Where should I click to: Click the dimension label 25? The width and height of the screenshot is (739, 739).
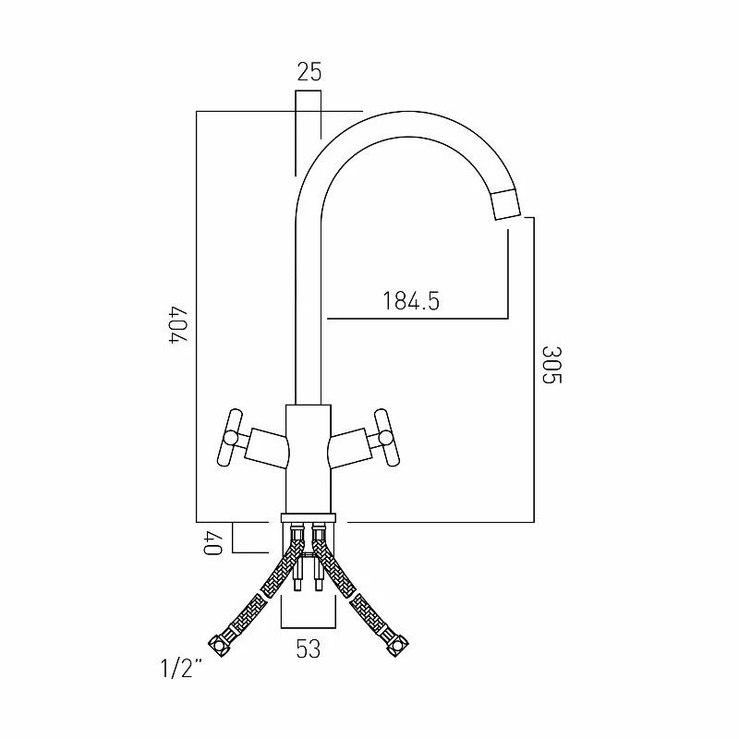[x=309, y=72]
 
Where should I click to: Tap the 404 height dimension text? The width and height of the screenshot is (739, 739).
[x=178, y=325]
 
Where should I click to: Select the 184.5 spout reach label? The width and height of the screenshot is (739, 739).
[x=411, y=301]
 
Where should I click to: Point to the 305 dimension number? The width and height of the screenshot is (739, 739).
[x=551, y=365]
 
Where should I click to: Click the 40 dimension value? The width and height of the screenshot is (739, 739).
[x=212, y=543]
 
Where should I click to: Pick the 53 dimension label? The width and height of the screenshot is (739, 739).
[x=309, y=648]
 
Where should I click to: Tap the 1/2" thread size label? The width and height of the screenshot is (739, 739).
[x=181, y=668]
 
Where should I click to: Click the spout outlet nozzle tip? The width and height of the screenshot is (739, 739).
[x=505, y=203]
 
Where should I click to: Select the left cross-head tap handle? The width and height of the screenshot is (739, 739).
[x=229, y=438]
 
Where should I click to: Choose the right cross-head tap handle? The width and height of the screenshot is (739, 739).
[x=386, y=437]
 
